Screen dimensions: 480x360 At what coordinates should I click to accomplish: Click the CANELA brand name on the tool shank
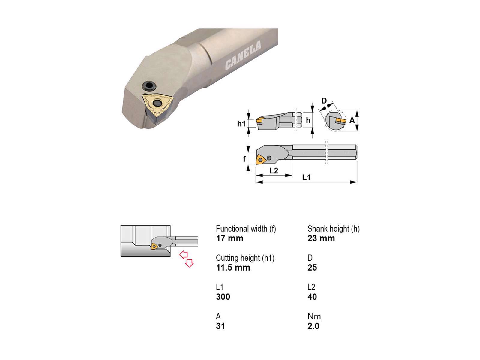click(x=243, y=55)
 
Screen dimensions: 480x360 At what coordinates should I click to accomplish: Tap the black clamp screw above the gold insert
click(x=149, y=86)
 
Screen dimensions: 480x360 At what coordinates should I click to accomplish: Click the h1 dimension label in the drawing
click(x=241, y=124)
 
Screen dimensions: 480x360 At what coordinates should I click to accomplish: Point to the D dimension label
click(x=324, y=101)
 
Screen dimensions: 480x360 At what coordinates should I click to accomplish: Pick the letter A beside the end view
click(x=352, y=120)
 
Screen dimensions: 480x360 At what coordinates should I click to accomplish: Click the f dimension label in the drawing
click(x=244, y=159)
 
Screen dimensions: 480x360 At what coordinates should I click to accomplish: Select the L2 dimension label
click(x=274, y=170)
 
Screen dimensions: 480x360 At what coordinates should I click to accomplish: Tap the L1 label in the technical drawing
click(x=306, y=177)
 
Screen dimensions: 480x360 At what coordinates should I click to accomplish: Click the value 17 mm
click(x=229, y=238)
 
